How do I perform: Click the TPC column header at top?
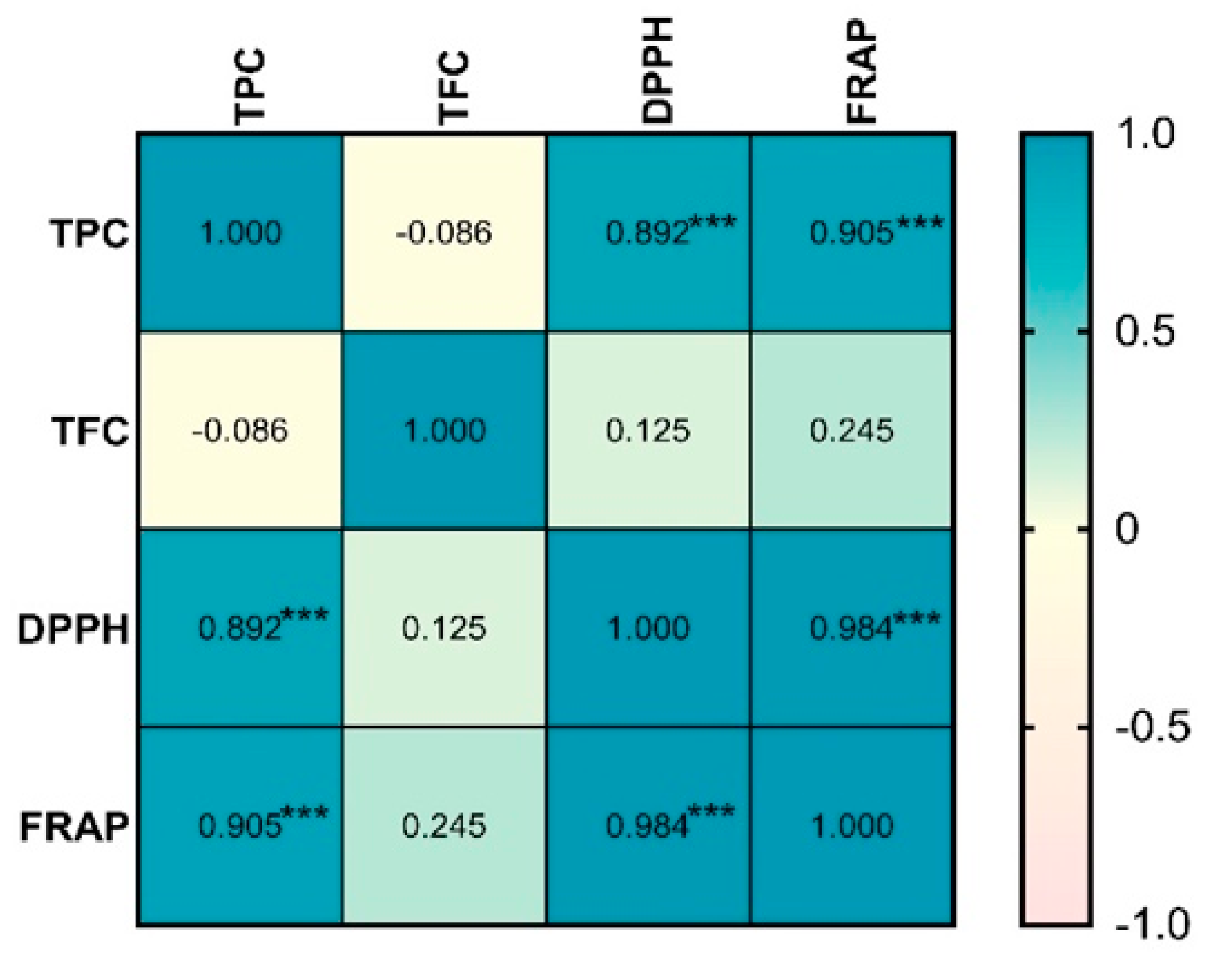tap(250, 86)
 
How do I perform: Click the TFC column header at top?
tap(453, 88)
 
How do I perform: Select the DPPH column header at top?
tap(657, 71)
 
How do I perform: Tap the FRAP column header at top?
tap(861, 72)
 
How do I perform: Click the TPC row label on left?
tap(90, 233)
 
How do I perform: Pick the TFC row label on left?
tap(91, 431)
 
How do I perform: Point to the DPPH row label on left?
tap(73, 629)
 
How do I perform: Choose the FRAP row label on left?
tap(75, 827)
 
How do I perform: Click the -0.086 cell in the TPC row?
tap(444, 233)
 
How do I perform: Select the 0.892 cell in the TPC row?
tap(648, 233)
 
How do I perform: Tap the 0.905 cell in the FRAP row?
tap(240, 826)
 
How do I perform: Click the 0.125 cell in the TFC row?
tap(648, 431)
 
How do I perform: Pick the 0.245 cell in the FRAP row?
tap(444, 826)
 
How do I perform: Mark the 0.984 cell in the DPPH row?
tap(852, 628)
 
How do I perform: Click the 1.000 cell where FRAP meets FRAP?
tap(852, 826)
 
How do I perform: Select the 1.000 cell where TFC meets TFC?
tap(444, 431)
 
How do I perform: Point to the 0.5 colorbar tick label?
tap(1145, 331)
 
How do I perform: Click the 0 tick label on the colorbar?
tap(1127, 528)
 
